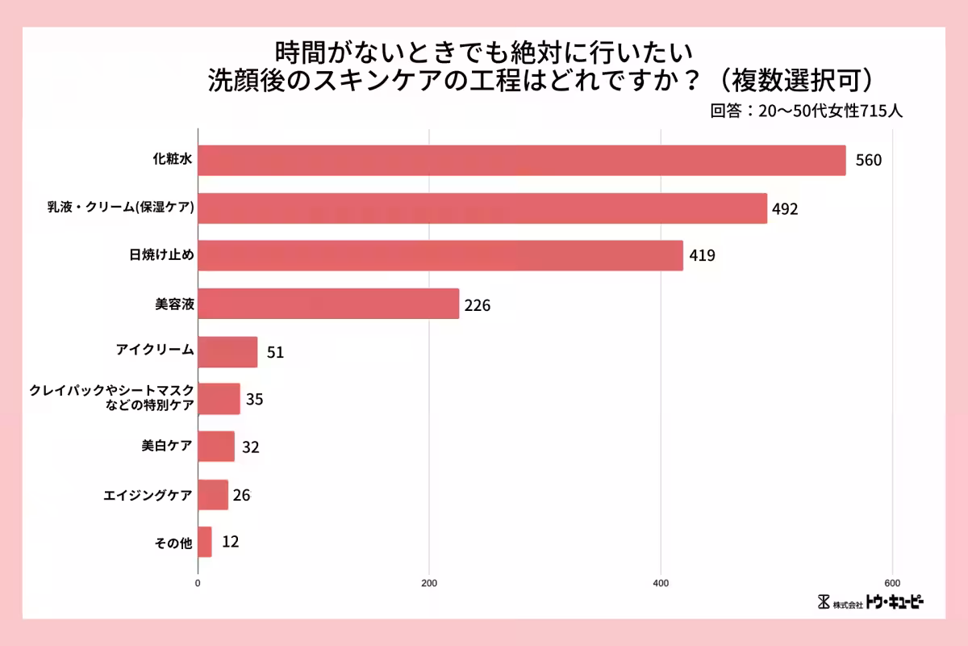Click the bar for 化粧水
(x=521, y=160)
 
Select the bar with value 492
(x=482, y=208)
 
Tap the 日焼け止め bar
(x=440, y=255)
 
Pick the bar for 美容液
(x=328, y=304)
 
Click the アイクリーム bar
(x=227, y=352)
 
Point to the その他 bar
(x=205, y=542)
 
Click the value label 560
(x=869, y=160)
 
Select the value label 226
(x=478, y=305)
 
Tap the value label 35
(x=255, y=399)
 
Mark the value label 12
(x=230, y=542)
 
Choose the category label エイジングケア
(x=148, y=495)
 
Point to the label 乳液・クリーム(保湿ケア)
(x=120, y=208)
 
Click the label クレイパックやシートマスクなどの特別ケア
(x=111, y=399)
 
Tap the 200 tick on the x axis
(x=429, y=583)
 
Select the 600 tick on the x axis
(x=892, y=583)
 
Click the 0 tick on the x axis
(x=198, y=583)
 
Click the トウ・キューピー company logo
(x=870, y=602)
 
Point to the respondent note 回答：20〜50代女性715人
(x=806, y=111)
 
